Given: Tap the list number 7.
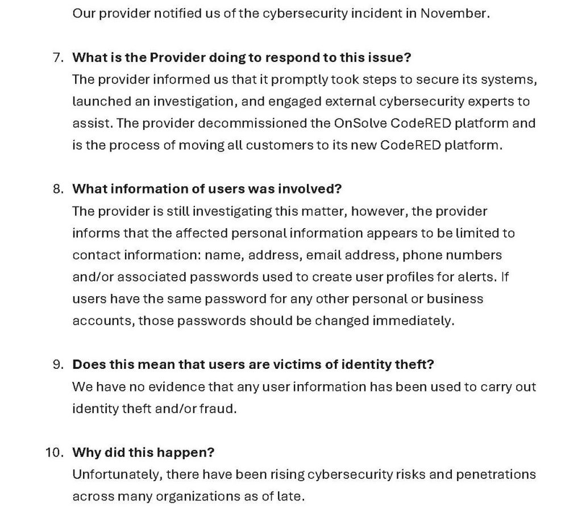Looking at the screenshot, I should (57, 58).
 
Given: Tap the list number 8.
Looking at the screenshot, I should (57, 189).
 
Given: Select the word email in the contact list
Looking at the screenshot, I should (324, 255).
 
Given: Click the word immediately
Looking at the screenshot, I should (413, 321).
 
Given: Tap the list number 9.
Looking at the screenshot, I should (57, 364).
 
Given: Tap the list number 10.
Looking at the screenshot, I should (55, 452).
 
